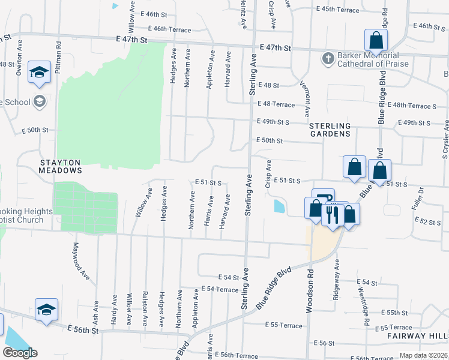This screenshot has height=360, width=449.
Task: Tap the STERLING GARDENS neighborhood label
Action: click(x=330, y=130)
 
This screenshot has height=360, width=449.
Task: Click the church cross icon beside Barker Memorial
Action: click(x=328, y=59)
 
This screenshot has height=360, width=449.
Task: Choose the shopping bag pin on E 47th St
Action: click(x=376, y=41)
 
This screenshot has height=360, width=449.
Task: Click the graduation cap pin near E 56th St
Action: click(x=46, y=310)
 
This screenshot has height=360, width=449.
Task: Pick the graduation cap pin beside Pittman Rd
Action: click(x=40, y=72)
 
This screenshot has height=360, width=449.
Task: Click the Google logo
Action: click(x=20, y=353)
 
